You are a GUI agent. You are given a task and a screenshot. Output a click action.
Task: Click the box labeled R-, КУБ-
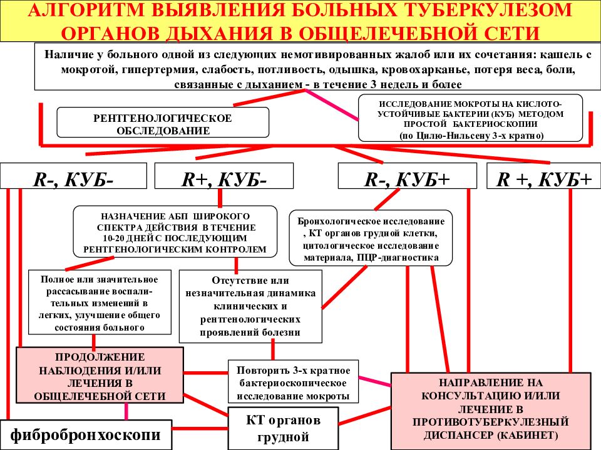point(74,176)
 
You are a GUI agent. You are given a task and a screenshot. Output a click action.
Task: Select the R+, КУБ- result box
point(224,176)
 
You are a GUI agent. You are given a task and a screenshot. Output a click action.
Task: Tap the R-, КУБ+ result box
point(408,176)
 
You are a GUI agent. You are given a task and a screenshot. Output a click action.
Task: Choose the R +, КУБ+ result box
point(544,176)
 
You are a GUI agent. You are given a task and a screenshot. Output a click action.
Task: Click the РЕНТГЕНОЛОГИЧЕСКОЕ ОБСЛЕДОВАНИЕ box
point(163,122)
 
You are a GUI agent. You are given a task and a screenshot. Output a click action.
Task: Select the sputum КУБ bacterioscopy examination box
point(470,118)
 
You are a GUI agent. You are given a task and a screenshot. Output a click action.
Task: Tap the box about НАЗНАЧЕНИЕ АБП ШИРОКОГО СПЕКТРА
point(175,231)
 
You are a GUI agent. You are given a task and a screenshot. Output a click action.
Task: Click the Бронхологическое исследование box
point(371,238)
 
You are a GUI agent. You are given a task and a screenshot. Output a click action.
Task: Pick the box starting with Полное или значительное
point(100,302)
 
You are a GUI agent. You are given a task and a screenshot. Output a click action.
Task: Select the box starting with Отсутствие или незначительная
point(250,306)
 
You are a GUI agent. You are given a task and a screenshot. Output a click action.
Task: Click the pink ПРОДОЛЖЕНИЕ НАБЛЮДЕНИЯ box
point(100,375)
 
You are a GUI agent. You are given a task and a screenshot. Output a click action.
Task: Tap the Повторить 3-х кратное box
point(293,381)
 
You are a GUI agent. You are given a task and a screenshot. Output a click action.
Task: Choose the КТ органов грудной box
point(283,428)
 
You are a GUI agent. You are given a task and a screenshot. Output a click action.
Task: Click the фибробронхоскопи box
point(86,435)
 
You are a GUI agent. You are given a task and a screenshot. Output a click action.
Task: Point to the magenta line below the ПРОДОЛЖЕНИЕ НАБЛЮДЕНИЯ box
point(126,412)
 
